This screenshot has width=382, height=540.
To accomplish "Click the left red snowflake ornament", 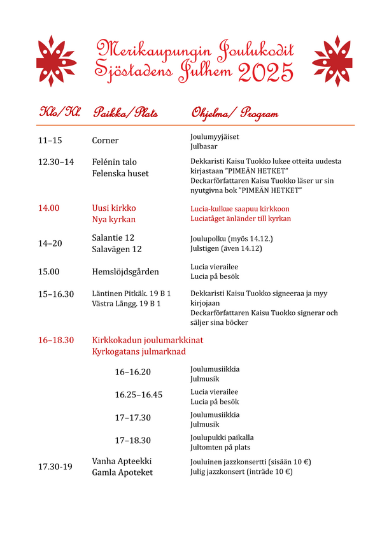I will pyautogui.click(x=57, y=61).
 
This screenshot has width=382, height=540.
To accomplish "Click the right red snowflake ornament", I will pyautogui.click(x=332, y=61).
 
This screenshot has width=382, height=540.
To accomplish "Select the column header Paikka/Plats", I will pyautogui.click(x=125, y=113).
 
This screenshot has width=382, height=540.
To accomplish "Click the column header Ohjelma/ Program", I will pyautogui.click(x=234, y=114).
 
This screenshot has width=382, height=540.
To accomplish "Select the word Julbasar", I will pyautogui.click(x=204, y=146).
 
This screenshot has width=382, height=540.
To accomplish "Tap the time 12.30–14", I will pyautogui.click(x=56, y=162).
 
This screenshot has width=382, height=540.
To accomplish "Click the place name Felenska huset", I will pyautogui.click(x=120, y=173).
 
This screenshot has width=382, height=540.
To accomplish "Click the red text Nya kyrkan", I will pyautogui.click(x=114, y=220).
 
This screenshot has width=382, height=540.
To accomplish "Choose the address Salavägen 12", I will pyautogui.click(x=117, y=250).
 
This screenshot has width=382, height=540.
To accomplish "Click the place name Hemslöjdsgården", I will pyautogui.click(x=125, y=271).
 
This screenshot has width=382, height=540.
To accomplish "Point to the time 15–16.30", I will pyautogui.click(x=56, y=294).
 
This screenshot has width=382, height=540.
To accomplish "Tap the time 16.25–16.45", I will pyautogui.click(x=138, y=395).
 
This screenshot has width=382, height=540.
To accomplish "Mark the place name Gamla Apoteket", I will pyautogui.click(x=122, y=472).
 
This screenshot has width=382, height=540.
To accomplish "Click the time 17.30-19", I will pyautogui.click(x=55, y=467).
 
